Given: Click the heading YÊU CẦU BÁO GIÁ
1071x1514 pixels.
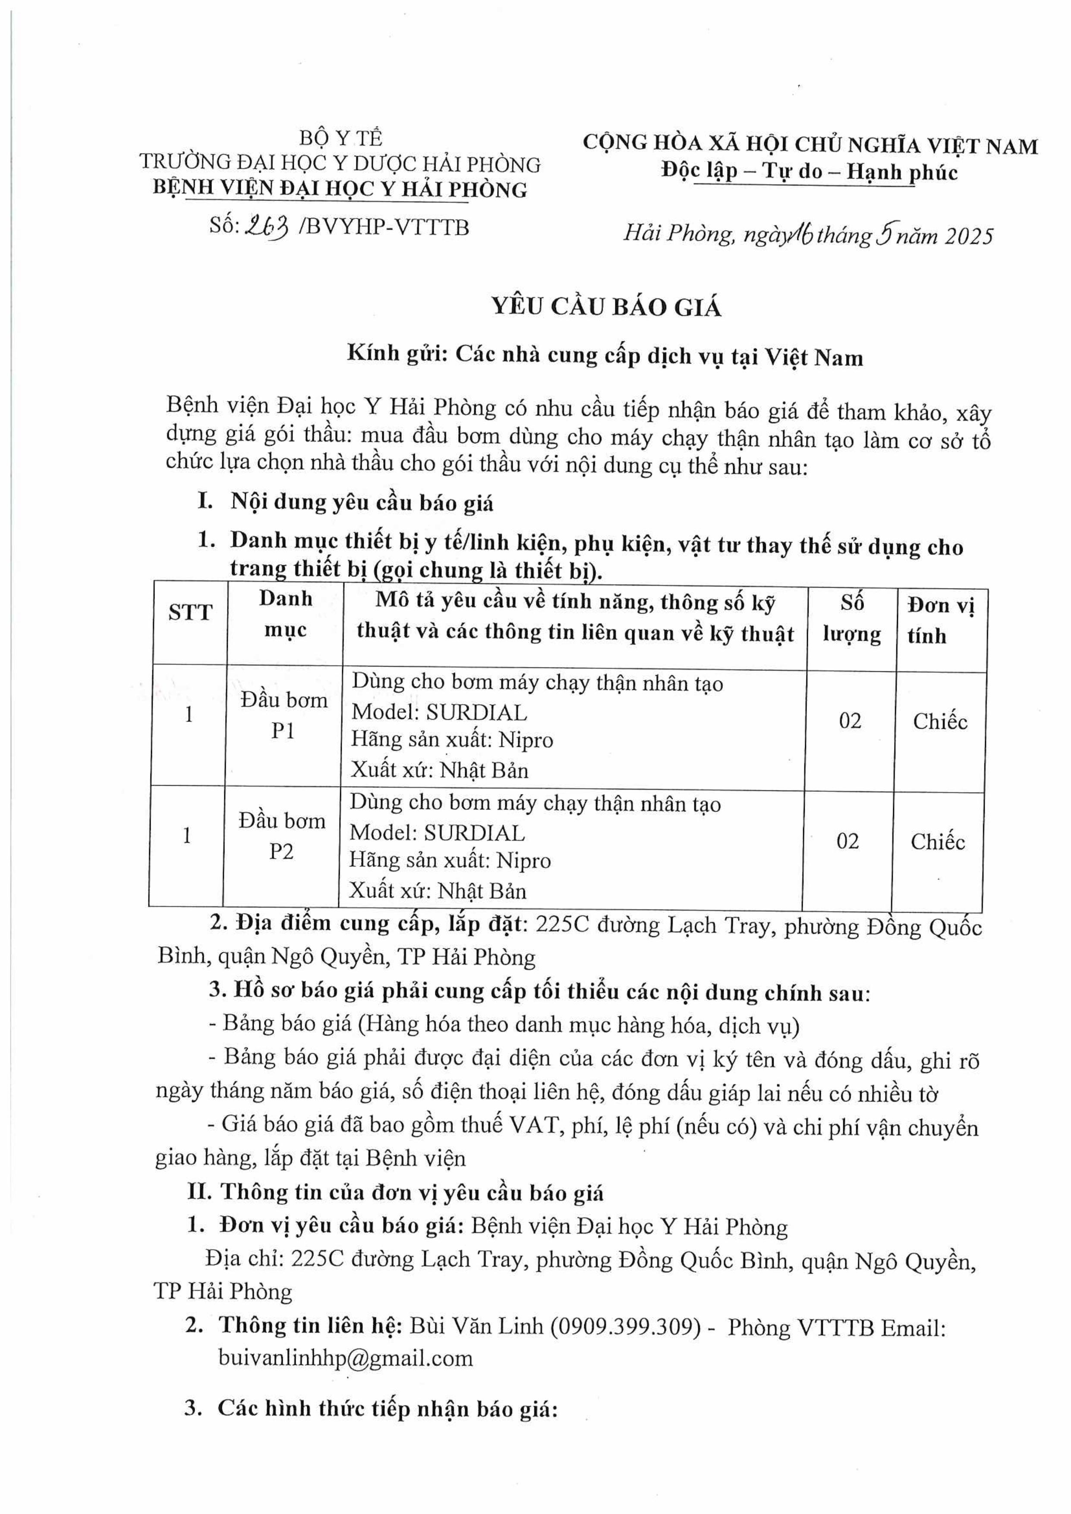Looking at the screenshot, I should click(606, 307).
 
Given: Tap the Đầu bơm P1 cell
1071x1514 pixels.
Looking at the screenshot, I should click(283, 715).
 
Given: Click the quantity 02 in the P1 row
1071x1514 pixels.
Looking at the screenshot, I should click(850, 721).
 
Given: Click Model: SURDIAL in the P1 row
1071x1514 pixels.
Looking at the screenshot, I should click(439, 712).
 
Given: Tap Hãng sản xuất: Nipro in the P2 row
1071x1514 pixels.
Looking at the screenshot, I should click(450, 860).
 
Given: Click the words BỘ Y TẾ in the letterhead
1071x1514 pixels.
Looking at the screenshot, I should click(340, 138).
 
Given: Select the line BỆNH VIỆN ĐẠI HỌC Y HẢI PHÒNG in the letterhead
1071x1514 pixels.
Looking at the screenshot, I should click(340, 189).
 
